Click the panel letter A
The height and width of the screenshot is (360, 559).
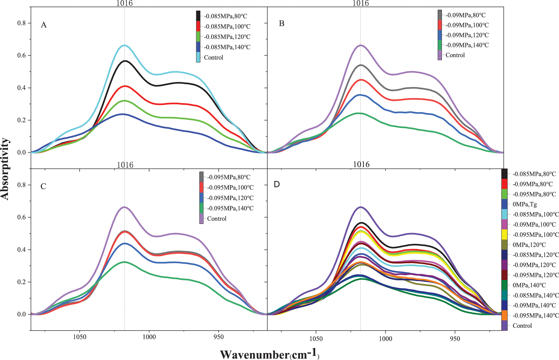(x=44, y=25)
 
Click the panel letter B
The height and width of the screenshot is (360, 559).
(x=282, y=24)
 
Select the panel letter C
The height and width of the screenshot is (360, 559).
(x=43, y=186)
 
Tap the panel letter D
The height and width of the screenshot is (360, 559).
(x=277, y=184)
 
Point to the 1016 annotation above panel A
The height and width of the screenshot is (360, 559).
(x=124, y=3)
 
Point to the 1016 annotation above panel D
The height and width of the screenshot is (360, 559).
(x=361, y=165)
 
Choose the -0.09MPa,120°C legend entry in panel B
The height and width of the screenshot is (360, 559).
(x=467, y=35)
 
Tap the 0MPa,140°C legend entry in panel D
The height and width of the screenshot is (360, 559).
(x=529, y=285)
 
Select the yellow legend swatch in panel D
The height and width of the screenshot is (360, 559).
(x=504, y=235)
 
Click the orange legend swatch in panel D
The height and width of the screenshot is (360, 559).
(x=504, y=316)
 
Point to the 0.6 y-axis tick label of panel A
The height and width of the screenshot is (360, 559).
(x=22, y=56)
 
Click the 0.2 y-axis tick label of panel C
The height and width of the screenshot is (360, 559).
(x=22, y=282)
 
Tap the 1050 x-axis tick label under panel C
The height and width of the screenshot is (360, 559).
(x=79, y=337)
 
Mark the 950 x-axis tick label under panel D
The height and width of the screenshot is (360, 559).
(x=455, y=339)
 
